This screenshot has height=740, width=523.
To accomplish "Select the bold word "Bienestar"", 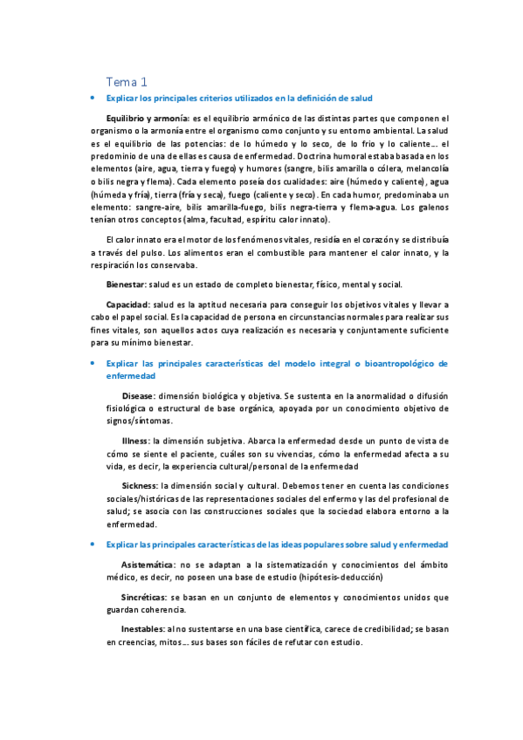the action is click(x=126, y=284).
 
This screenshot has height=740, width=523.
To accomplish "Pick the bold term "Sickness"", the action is click(x=140, y=485).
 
